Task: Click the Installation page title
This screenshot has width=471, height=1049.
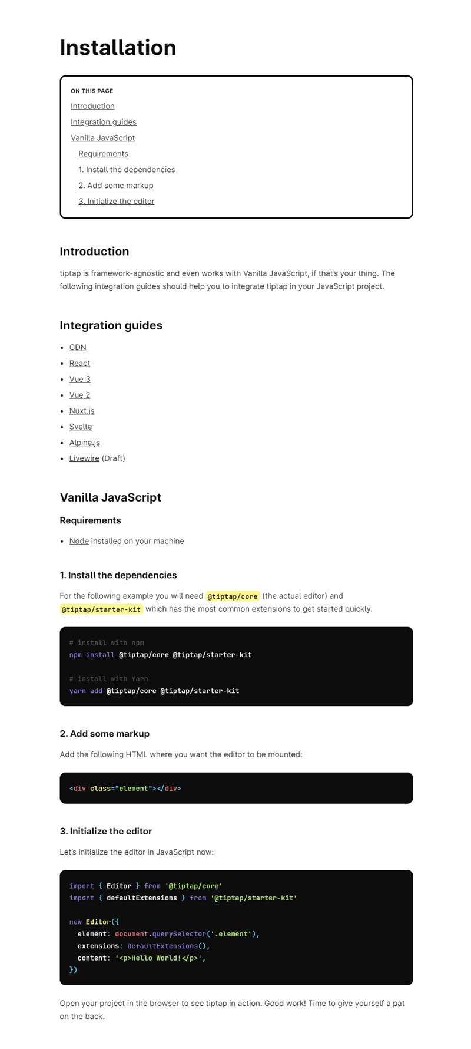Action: click(118, 48)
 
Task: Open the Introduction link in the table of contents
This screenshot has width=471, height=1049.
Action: click(92, 106)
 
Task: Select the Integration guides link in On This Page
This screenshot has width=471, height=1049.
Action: click(104, 122)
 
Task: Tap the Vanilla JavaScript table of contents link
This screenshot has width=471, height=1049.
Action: click(103, 138)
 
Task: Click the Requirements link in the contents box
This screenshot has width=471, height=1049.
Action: click(103, 154)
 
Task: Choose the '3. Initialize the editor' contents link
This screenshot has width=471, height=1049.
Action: click(117, 202)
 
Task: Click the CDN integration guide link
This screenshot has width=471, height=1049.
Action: click(78, 348)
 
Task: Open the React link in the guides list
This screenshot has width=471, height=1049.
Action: click(79, 364)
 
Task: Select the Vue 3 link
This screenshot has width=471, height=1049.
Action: click(79, 380)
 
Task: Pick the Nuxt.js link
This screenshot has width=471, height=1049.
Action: click(82, 411)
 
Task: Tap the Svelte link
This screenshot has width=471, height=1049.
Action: click(81, 427)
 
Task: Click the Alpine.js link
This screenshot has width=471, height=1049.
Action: click(85, 443)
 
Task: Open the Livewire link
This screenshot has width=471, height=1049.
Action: click(84, 458)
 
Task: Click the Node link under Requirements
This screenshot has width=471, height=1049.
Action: click(79, 542)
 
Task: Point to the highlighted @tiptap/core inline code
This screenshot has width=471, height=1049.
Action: click(233, 596)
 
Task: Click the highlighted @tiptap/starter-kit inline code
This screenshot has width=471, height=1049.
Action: click(101, 609)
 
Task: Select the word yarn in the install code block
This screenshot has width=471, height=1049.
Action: click(78, 691)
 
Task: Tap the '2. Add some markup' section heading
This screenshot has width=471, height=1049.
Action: click(105, 734)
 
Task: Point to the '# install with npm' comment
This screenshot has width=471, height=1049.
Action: click(107, 643)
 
